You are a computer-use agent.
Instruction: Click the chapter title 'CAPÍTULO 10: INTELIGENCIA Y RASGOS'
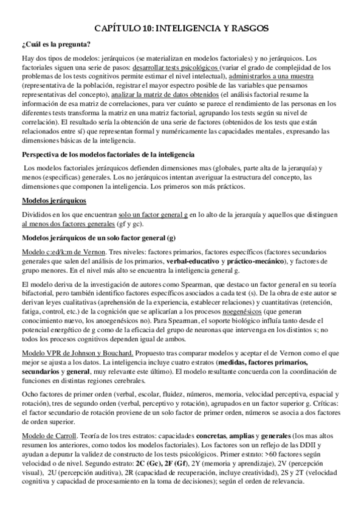click(182, 29)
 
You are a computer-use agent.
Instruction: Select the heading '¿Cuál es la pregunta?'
click(56, 43)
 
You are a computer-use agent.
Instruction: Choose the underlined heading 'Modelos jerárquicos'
click(53, 200)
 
